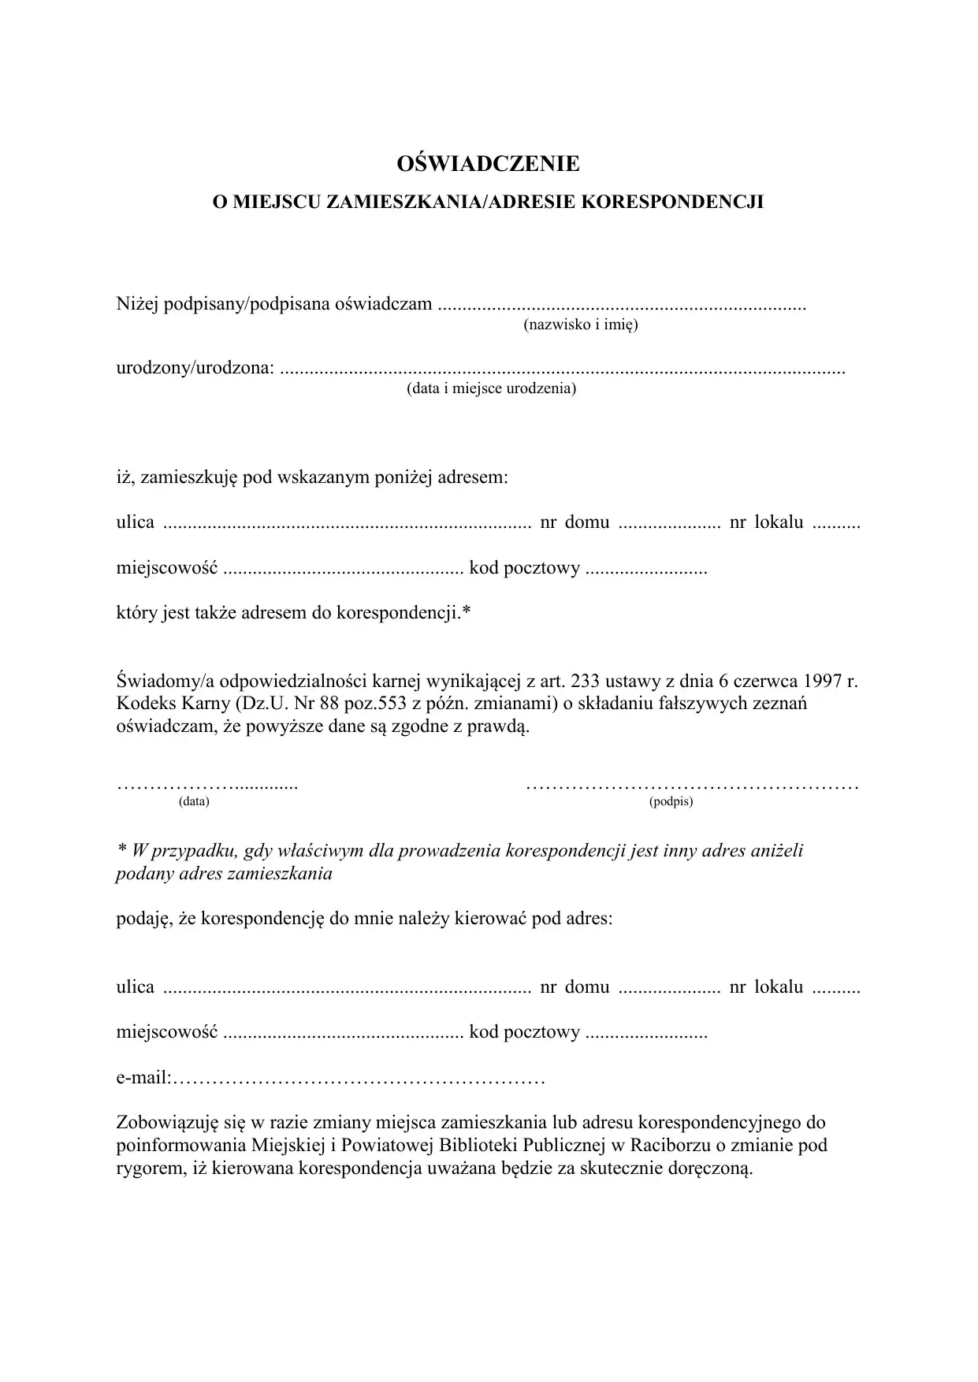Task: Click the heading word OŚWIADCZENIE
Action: pyautogui.click(x=489, y=164)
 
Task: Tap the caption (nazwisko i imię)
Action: pyautogui.click(x=580, y=325)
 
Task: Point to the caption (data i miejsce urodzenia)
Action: pyautogui.click(x=491, y=388)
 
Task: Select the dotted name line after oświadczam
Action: pyautogui.click(x=622, y=305)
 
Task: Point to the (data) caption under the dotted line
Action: pyautogui.click(x=194, y=802)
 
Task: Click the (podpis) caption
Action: pyautogui.click(x=671, y=802)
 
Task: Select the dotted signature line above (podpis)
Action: pyautogui.click(x=691, y=786)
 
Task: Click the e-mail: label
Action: pyautogui.click(x=144, y=1078)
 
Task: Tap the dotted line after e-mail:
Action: pyautogui.click(x=359, y=1078)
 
